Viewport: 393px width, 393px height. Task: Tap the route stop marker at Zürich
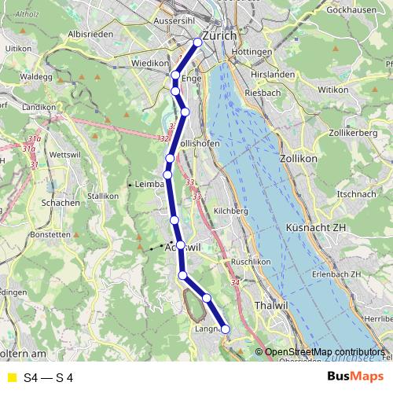point(198,42)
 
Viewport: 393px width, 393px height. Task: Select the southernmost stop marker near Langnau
point(225,329)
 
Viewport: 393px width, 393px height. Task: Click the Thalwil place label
point(270,304)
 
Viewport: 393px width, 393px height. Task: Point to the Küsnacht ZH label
point(316,227)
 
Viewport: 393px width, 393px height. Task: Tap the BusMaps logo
point(355,377)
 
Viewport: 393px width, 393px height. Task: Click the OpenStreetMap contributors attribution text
point(325,351)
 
